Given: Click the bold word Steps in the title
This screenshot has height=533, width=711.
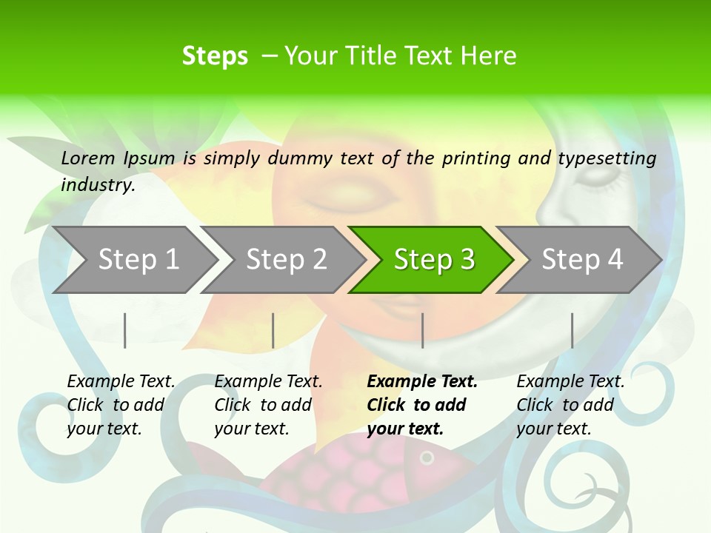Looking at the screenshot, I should tap(215, 56).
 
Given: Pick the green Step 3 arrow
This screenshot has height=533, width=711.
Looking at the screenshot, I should tap(433, 260).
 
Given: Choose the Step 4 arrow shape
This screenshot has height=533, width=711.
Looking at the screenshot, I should tap(581, 260).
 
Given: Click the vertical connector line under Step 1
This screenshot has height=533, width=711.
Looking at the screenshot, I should tap(125, 330).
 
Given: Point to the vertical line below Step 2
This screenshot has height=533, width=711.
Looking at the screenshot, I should tap(273, 330).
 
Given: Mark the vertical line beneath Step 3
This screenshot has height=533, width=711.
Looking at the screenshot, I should tap(422, 330).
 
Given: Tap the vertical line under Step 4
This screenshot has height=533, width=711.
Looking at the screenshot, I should tap(572, 330).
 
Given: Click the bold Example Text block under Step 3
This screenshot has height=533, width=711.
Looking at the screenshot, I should tap(421, 405).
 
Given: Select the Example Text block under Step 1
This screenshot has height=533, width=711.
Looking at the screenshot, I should tap(121, 405).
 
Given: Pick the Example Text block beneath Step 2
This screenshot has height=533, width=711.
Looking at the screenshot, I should tap(268, 405).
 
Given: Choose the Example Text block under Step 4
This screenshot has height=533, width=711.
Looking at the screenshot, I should tap(570, 405).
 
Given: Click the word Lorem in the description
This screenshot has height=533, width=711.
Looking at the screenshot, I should tap(88, 158).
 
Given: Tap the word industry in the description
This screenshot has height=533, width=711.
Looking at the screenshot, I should tap(98, 185).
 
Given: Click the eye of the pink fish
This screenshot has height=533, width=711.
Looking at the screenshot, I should tap(427, 458).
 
